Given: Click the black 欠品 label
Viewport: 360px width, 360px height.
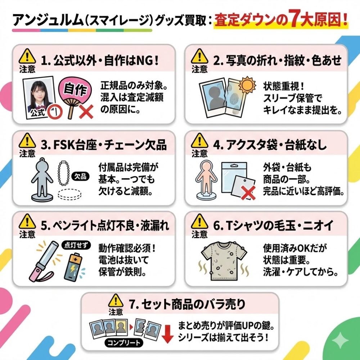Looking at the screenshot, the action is click(80, 176).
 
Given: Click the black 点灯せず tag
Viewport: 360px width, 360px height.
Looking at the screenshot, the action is click(76, 245).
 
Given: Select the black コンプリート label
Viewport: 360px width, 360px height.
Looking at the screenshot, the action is click(124, 343).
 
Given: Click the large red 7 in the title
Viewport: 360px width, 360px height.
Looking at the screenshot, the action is click(295, 18).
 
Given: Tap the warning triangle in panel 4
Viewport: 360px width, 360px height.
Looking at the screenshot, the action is click(199, 140).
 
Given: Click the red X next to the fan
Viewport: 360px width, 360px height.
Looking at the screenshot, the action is click(86, 112).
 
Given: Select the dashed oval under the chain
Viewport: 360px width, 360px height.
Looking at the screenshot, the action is click(69, 194).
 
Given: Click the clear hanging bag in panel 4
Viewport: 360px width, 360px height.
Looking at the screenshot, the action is click(234, 177).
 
